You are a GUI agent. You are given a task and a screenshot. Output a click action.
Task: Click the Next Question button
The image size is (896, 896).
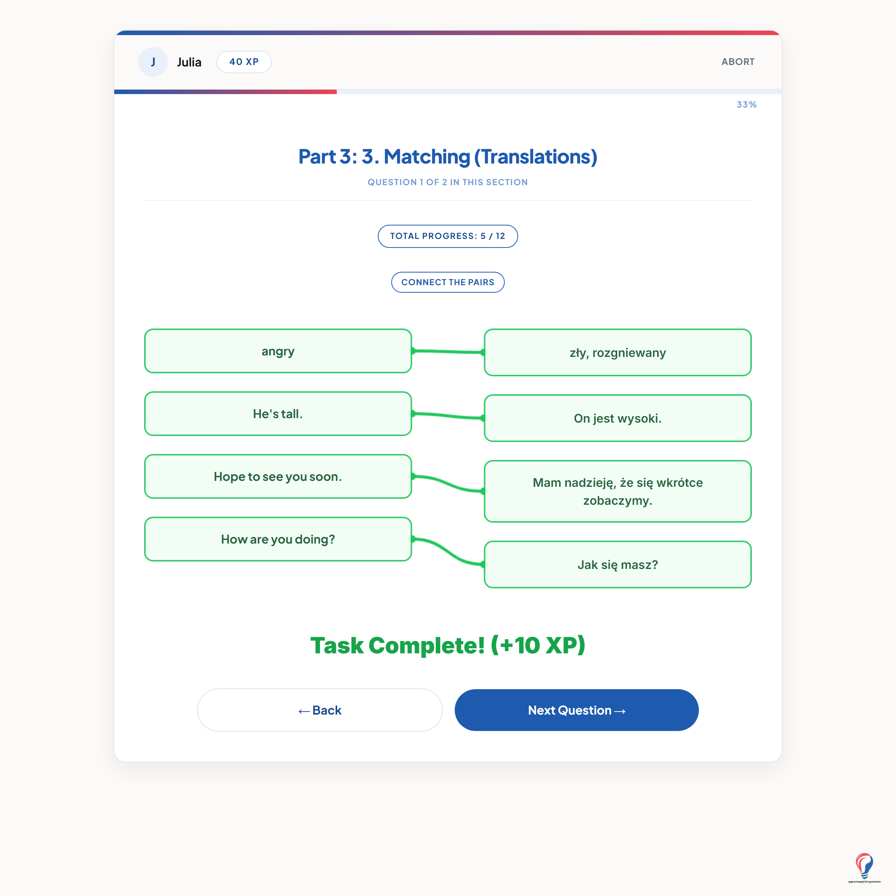click(x=576, y=710)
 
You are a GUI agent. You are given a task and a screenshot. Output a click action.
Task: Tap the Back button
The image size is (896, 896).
click(x=320, y=710)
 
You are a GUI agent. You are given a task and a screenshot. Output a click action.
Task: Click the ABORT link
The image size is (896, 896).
click(x=738, y=62)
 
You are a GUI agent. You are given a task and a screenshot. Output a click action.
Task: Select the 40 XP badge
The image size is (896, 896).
click(x=244, y=62)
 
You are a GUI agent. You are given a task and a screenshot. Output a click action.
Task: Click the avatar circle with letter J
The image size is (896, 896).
click(x=153, y=62)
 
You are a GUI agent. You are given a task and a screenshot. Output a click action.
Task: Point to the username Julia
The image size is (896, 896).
click(x=189, y=62)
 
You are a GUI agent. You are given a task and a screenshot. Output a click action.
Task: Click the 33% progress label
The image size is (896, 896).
click(x=747, y=105)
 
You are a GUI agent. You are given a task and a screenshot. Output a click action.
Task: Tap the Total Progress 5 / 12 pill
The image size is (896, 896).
click(x=448, y=236)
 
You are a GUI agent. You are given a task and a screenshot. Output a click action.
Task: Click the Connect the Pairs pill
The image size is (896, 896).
click(x=448, y=282)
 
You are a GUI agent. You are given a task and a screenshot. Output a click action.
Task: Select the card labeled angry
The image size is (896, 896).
click(x=278, y=351)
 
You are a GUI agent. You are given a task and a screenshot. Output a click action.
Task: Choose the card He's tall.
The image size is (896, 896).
click(x=278, y=414)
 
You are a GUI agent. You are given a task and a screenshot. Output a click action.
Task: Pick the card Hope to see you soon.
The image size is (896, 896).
click(x=278, y=476)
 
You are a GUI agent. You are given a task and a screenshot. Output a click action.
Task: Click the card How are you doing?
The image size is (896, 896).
click(x=278, y=539)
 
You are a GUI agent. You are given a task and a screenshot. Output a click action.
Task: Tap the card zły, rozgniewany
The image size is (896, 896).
click(x=618, y=352)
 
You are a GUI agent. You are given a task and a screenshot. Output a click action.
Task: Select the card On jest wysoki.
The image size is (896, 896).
click(x=618, y=418)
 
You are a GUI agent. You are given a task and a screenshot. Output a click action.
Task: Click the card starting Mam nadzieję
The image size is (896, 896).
click(x=618, y=492)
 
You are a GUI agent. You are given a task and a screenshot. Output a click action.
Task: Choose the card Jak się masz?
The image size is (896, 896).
click(x=618, y=564)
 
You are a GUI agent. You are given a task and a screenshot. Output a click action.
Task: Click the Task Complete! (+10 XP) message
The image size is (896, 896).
click(x=448, y=645)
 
